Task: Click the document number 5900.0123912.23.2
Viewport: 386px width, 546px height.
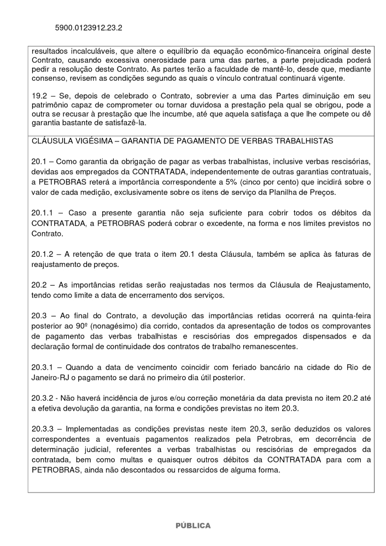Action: tap(88, 26)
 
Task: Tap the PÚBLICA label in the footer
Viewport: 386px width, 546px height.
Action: tap(193, 525)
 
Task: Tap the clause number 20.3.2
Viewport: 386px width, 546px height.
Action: tap(44, 397)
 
